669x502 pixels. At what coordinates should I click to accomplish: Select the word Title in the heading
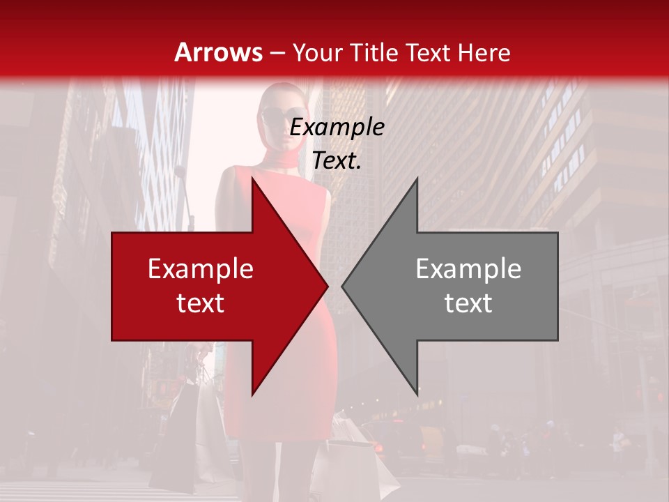377,52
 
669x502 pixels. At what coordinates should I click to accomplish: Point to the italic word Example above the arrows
337,128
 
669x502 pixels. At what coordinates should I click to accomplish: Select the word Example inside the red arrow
201,269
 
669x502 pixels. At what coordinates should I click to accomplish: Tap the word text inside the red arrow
201,303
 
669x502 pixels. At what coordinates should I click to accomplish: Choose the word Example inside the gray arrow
468,269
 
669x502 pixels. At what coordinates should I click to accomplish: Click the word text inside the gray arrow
468,303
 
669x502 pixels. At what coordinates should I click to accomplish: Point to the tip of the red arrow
328,286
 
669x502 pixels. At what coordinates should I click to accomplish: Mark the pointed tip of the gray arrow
342,286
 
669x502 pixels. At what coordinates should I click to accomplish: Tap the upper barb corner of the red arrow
252,178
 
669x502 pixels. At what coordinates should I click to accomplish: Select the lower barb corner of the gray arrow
417,395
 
